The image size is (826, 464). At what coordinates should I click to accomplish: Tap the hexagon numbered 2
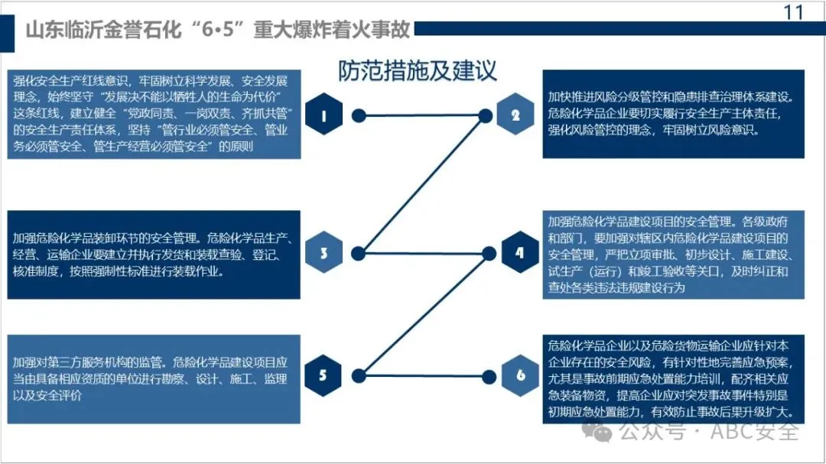pos(516,115)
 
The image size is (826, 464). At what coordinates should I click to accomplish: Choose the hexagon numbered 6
pos(520,375)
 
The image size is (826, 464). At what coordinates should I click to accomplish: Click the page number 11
pos(795,12)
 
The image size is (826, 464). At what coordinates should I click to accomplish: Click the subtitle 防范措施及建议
pos(418,70)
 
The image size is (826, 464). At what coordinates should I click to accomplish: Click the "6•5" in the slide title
pos(227,31)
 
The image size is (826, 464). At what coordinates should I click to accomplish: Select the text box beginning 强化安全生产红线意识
pos(153,114)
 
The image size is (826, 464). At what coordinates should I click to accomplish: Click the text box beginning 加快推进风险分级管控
pos(673,114)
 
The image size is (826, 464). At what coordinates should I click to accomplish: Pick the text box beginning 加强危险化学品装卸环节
pos(153,254)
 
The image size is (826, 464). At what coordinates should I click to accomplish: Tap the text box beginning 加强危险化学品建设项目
pos(673,254)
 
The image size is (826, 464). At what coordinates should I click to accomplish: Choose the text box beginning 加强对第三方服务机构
pos(153,378)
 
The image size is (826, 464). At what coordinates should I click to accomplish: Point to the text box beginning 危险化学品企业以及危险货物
pos(673,378)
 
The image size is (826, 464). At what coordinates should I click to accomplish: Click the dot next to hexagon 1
pos(357,116)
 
